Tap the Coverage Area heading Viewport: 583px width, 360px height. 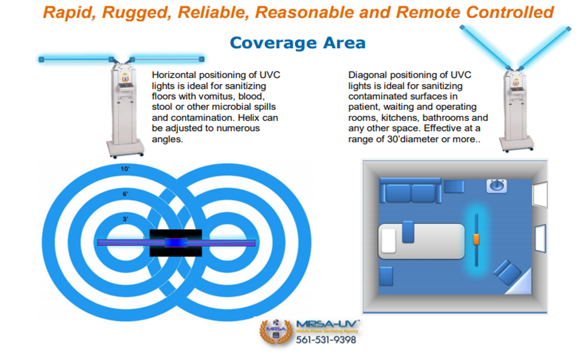coord(298,43)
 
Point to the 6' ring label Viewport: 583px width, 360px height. coord(126,194)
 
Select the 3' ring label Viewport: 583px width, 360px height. coord(126,219)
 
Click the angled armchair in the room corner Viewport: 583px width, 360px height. coord(507,272)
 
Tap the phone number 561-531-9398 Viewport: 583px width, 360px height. coord(326,340)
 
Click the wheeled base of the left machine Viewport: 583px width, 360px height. coord(124,147)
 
